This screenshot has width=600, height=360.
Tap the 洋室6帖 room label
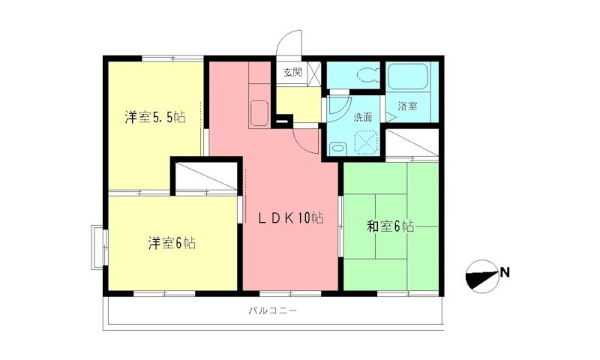click(172, 243)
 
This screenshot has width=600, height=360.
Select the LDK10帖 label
click(291, 218)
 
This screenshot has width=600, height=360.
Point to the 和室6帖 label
click(390, 226)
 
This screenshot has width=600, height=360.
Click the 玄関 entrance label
click(292, 73)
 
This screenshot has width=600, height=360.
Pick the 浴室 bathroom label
click(407, 106)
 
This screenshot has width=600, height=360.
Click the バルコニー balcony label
click(271, 310)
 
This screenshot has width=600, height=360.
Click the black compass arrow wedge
click(480, 277)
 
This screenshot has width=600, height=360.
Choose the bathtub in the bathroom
click(407, 77)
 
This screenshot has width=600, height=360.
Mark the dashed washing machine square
click(367, 142)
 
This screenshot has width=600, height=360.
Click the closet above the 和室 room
click(411, 143)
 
